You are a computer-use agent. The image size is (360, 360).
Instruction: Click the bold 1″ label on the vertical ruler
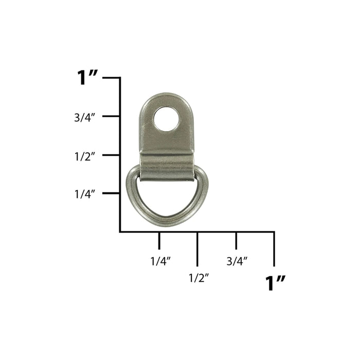(x=87, y=78)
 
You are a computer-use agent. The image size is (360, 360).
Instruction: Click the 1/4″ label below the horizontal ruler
(x=160, y=261)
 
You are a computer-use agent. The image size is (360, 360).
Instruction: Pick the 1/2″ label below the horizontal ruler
(x=199, y=278)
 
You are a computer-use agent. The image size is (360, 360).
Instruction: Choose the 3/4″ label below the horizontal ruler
(x=237, y=261)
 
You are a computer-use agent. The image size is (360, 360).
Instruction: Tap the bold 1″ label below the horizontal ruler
(x=275, y=283)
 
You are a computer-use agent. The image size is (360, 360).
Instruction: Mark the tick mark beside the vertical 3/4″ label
(x=111, y=116)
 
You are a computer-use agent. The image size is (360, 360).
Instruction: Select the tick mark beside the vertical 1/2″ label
(x=111, y=155)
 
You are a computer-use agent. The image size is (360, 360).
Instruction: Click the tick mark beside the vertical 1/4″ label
(x=111, y=193)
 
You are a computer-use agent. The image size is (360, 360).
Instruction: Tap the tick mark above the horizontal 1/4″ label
(x=159, y=240)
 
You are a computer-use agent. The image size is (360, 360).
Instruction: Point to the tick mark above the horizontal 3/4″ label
(x=236, y=240)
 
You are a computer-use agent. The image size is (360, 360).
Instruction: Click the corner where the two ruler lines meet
(x=120, y=232)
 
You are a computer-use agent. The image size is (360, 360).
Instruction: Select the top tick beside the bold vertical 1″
(x=111, y=78)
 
